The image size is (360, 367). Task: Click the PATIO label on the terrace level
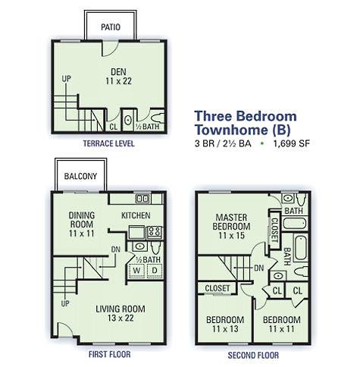coord(111,27)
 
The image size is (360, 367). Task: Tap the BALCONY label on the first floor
coord(80,176)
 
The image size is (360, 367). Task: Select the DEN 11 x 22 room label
coord(118,77)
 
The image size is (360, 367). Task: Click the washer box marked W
coord(136,271)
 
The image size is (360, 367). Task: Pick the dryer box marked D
coord(155,271)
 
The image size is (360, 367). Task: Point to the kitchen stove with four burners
coord(154,232)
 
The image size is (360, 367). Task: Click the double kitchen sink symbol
coord(142,199)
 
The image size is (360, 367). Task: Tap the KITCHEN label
coord(136,215)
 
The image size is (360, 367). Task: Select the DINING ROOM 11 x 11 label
coord(82,224)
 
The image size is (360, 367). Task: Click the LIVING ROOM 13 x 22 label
coord(121,313)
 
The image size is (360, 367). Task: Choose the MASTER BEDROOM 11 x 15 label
coord(231,227)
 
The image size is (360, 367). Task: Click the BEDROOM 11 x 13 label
coord(225,325)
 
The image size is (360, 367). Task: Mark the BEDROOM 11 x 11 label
coord(282,325)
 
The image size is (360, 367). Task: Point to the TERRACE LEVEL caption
coord(109,143)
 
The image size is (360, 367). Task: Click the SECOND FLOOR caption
coord(253,355)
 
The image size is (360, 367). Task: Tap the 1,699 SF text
coord(292,143)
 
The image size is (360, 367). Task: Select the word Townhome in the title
coord(232,130)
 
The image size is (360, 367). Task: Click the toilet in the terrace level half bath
coord(158,118)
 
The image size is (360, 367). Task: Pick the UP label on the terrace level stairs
coord(67,79)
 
